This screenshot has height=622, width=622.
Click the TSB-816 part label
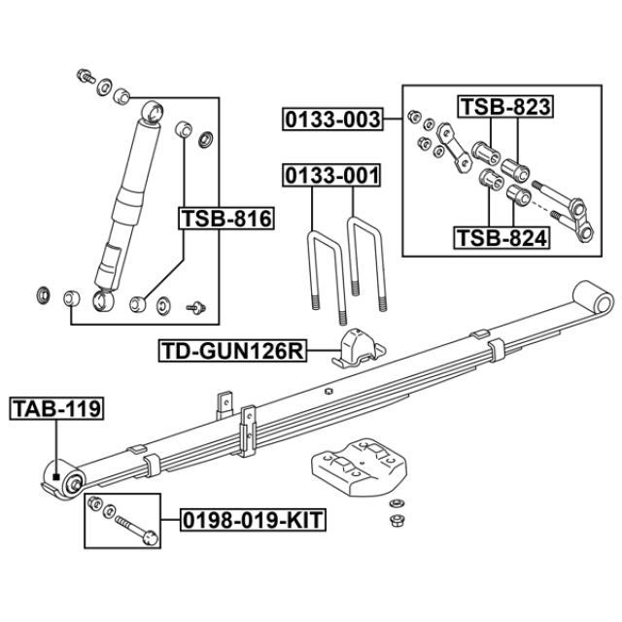(225, 219)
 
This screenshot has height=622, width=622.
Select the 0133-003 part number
(331, 121)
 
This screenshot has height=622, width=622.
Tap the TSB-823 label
(504, 107)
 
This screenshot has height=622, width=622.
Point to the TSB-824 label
(501, 236)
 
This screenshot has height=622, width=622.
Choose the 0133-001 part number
(331, 176)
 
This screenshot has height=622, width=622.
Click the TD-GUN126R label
(232, 351)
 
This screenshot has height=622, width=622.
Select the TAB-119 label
(54, 409)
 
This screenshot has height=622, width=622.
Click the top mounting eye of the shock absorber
(152, 111)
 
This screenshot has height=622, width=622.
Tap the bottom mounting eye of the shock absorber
(104, 300)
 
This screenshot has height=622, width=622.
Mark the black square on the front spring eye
(57, 476)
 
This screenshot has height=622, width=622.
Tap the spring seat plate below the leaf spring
(356, 466)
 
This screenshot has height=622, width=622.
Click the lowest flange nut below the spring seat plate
(397, 521)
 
